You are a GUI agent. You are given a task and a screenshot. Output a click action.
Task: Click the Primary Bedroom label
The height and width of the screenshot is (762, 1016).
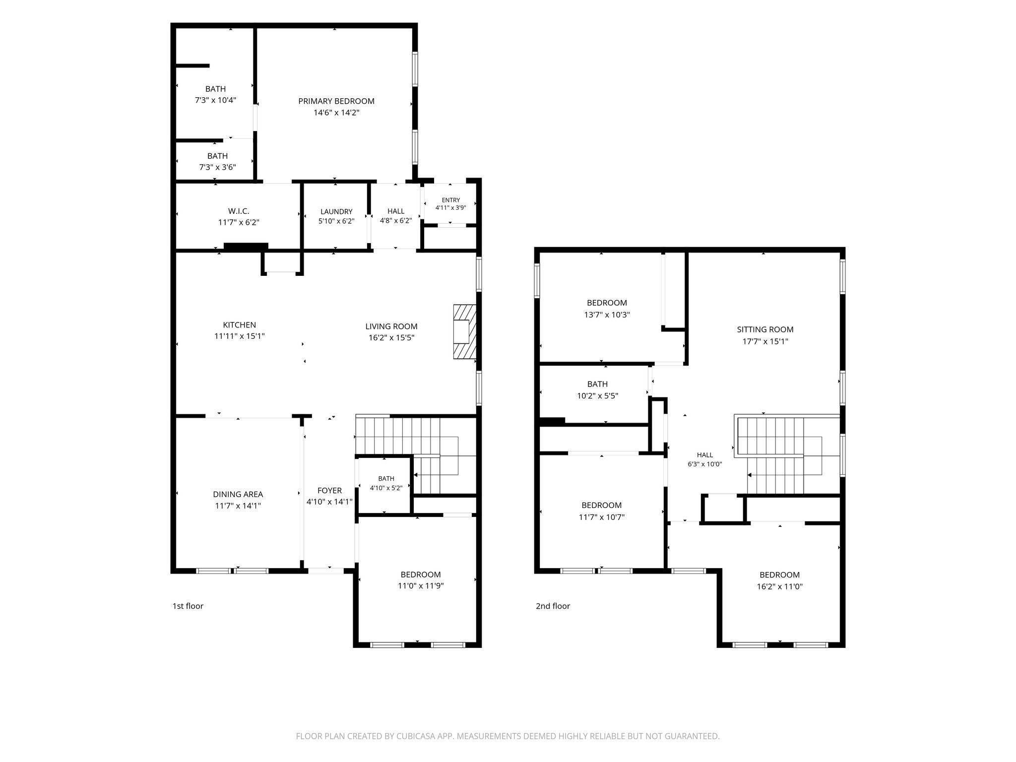pos(336,101)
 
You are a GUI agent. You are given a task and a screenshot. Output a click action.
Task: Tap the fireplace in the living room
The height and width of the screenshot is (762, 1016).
pos(465,331)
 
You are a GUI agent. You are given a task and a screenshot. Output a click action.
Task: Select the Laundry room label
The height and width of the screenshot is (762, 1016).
pos(336,211)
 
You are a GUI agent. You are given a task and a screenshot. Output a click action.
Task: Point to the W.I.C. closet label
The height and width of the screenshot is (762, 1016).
pos(239,211)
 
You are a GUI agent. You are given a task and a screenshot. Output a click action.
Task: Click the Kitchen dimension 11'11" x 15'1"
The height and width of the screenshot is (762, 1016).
pos(240,336)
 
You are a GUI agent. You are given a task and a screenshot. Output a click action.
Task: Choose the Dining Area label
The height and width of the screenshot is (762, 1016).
pos(238,494)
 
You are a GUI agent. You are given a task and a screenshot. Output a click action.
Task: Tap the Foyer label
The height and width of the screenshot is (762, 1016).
pos(329,491)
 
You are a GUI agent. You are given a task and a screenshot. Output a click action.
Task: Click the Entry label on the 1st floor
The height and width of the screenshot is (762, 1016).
pos(451,200)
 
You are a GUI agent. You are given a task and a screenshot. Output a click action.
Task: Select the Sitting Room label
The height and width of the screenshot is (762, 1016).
pos(765,329)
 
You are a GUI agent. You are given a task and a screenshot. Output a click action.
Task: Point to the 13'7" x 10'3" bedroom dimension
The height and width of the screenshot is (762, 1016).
pos(607,315)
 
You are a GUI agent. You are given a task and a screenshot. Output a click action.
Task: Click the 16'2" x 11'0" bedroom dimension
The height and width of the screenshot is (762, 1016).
pos(780,586)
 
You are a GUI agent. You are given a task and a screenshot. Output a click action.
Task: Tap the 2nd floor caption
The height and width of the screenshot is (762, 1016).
pos(553,606)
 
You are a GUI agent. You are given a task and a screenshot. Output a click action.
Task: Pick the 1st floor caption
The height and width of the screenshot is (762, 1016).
pos(188,606)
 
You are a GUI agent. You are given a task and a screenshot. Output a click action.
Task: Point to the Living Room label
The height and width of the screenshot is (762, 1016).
pos(391,326)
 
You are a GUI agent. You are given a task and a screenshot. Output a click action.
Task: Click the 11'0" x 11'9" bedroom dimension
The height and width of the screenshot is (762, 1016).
pos(421,586)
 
